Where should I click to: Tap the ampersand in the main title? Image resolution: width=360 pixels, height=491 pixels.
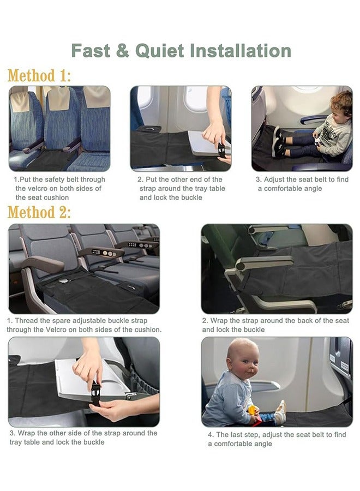(x=122, y=51)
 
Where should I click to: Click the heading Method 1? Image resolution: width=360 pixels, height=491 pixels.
(x=39, y=76)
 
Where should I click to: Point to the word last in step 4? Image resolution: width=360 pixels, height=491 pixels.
(x=238, y=435)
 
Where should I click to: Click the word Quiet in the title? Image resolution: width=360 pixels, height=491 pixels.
(x=160, y=51)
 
